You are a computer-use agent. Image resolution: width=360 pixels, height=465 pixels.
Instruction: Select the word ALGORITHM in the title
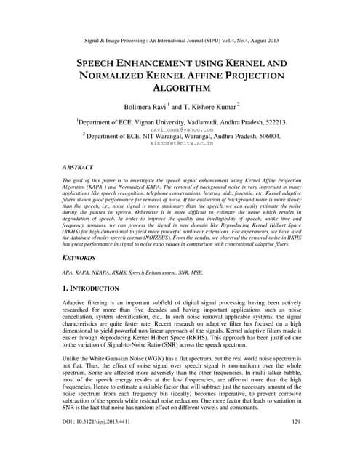pyautogui.click(x=180, y=88)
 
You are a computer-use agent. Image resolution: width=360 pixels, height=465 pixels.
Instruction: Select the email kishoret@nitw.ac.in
pyautogui.click(x=180, y=144)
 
